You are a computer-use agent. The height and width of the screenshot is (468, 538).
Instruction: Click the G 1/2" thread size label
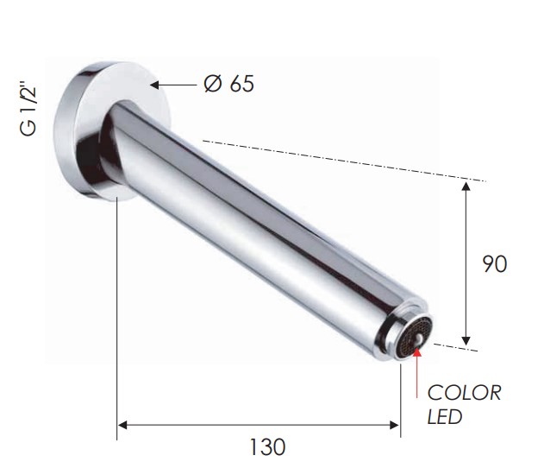28,110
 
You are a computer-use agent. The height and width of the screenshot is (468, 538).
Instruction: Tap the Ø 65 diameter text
228,84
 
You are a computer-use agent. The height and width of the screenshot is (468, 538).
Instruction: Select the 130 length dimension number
267,447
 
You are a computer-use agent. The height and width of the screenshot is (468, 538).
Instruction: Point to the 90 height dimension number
494,264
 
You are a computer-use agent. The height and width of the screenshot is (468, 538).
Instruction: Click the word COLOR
464,393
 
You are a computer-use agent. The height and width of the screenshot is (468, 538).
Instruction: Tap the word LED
444,417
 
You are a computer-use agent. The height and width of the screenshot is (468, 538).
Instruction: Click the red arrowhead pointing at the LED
417,352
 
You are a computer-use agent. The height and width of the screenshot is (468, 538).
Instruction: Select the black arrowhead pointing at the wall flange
154,85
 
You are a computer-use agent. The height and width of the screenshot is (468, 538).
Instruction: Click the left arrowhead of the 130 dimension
122,425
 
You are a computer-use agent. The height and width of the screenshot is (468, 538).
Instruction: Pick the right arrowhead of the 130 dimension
395,425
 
